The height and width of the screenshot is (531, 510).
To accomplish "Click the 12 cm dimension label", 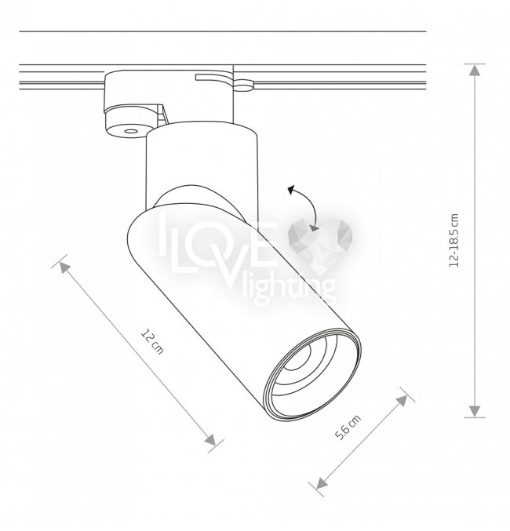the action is tap(152, 341).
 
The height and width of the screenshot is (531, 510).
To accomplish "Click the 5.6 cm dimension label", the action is tap(348, 427).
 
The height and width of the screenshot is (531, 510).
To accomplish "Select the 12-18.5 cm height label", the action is tap(454, 241).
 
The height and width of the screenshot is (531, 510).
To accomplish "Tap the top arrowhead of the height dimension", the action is tap(475, 70).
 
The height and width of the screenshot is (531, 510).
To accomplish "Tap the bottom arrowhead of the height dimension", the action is tap(475, 411).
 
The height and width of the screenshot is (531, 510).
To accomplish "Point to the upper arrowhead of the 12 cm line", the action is tap(64, 267).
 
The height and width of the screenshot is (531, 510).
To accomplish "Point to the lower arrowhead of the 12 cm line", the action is tap(210, 439).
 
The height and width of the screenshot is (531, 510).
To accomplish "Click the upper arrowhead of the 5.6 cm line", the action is tap(403, 401).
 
